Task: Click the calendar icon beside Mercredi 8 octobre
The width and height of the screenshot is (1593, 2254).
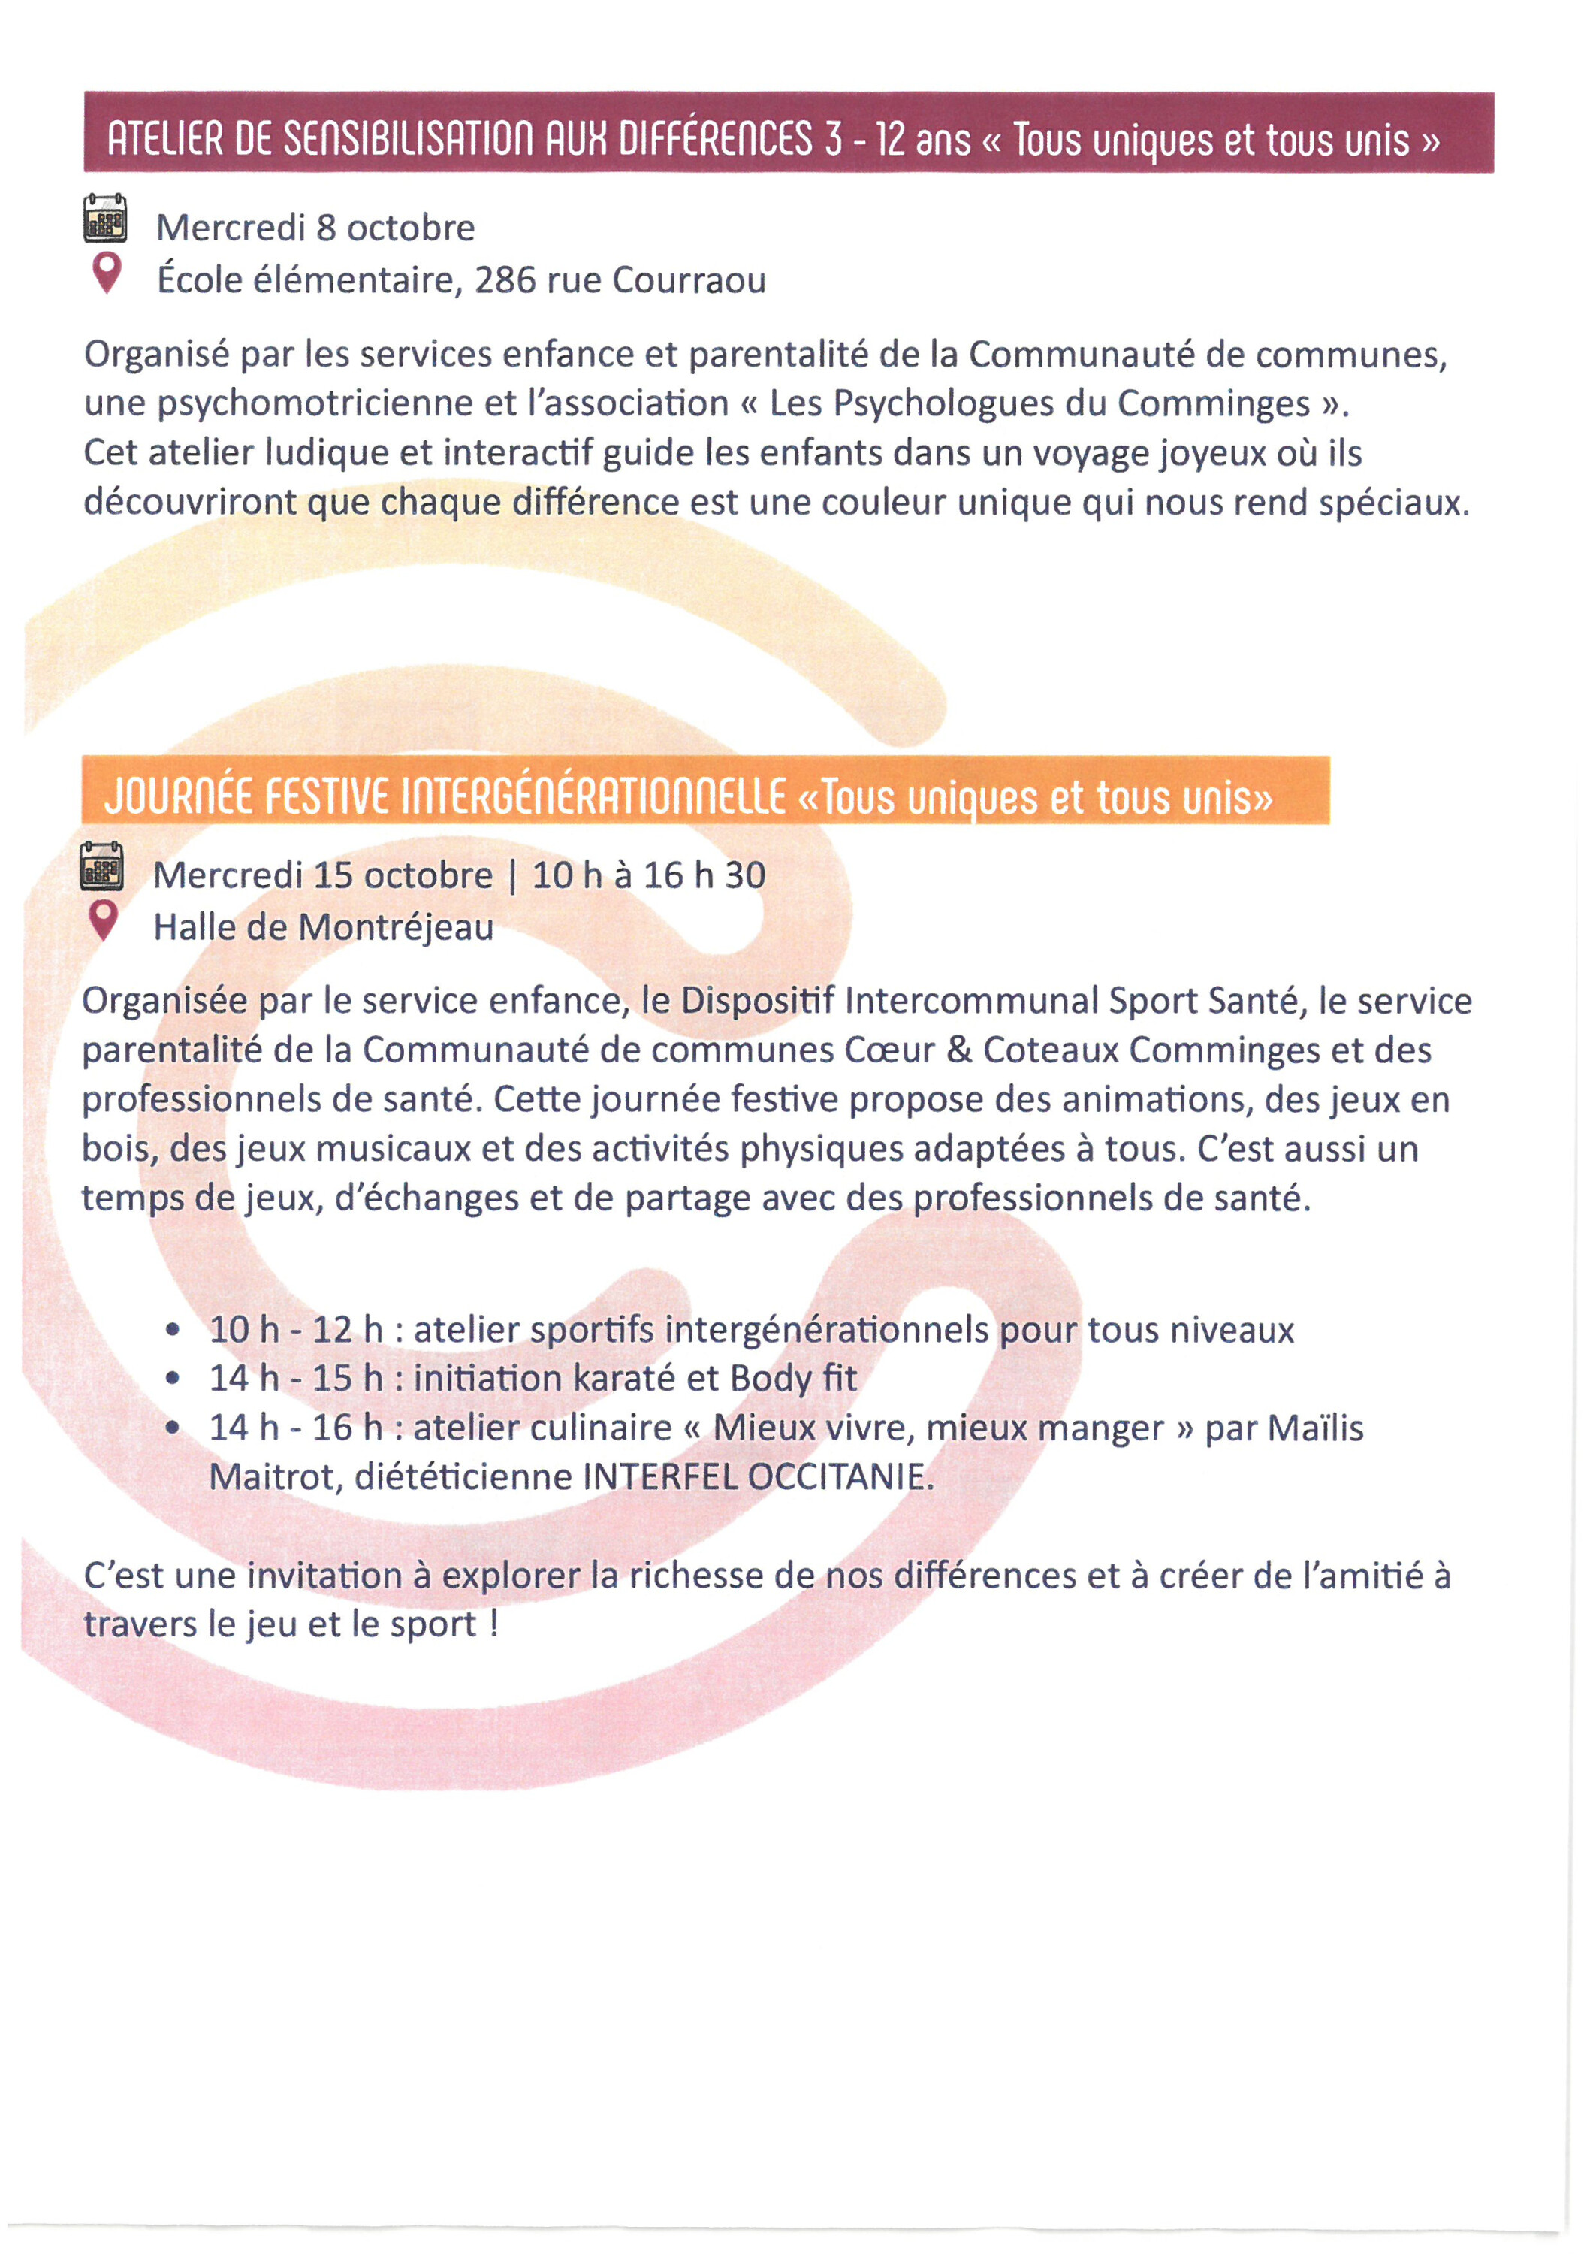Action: point(105,218)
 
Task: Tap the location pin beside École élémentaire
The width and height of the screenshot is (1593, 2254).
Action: point(107,272)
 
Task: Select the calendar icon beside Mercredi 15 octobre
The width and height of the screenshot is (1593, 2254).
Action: point(102,866)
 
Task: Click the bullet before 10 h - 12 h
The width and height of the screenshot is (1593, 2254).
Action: point(173,1330)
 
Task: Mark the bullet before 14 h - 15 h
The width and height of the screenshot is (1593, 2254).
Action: point(173,1379)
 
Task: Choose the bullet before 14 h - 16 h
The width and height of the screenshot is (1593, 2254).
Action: point(173,1428)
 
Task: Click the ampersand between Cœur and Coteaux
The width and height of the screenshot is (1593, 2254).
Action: point(959,1050)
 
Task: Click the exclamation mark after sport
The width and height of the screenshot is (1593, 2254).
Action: point(493,1624)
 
